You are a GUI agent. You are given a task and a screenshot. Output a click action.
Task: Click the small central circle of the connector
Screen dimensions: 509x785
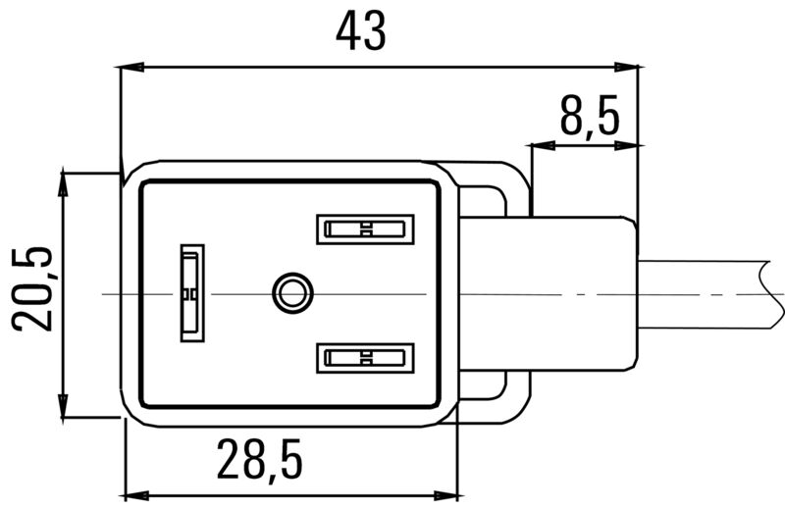(x=290, y=291)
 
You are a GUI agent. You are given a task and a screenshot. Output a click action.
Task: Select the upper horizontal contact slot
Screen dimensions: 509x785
(x=361, y=230)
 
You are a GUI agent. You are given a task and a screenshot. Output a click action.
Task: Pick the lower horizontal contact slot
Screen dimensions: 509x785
(x=361, y=357)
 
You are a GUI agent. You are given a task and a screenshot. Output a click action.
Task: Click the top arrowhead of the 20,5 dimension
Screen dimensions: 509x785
(x=64, y=180)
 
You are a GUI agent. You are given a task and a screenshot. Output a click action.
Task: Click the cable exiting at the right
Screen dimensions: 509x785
(x=706, y=292)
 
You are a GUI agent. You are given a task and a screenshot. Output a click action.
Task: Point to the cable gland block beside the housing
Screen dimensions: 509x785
(x=579, y=292)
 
